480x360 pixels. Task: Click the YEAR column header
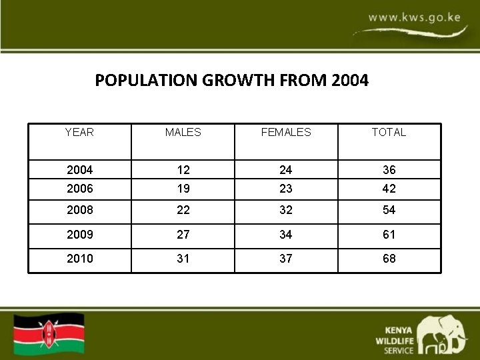coord(79,132)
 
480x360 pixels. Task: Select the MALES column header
coord(183,132)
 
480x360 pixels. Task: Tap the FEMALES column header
coord(286,132)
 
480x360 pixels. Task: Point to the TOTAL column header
coord(389,132)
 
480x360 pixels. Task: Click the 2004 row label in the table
coord(79,170)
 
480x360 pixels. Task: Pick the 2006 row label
coord(79,189)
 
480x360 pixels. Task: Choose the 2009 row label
coord(79,235)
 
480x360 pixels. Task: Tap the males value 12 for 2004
coord(183,170)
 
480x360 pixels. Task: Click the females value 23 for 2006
coord(286,189)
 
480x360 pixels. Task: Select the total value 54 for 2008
coord(389,210)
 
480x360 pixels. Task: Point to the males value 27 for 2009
coord(183,235)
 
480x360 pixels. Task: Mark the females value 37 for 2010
coord(286,258)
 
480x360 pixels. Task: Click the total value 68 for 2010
coord(389,258)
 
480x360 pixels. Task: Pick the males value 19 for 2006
coord(183,189)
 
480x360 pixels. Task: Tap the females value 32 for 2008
coord(286,210)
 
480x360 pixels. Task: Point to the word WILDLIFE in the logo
coord(394,340)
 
